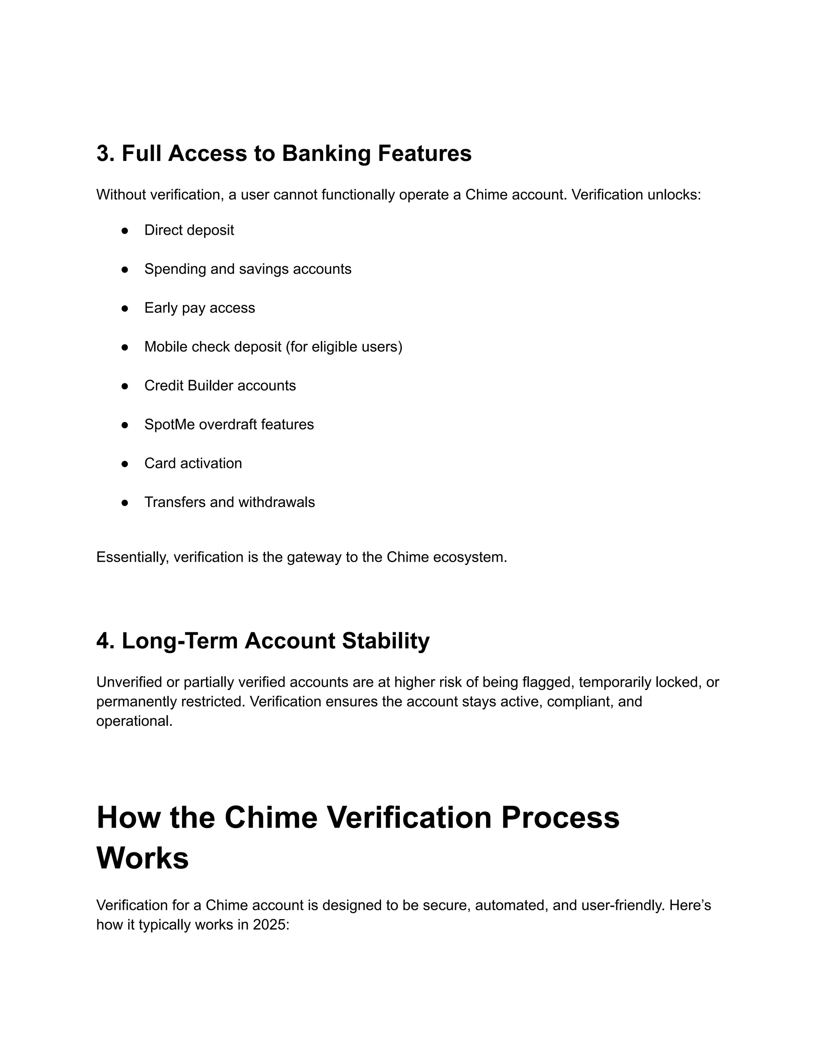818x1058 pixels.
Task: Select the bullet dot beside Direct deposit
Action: click(x=125, y=231)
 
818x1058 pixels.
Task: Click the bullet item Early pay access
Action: click(x=199, y=308)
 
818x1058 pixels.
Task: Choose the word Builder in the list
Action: click(x=210, y=386)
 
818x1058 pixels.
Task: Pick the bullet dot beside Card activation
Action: click(x=125, y=464)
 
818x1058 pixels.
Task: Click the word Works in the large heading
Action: click(x=143, y=858)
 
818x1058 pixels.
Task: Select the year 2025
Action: click(x=270, y=925)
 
